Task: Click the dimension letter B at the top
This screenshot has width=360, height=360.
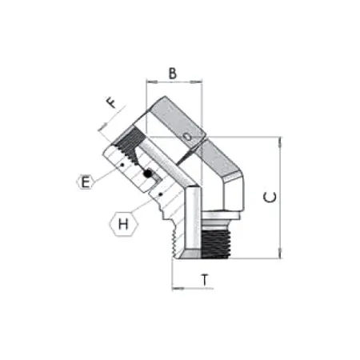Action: tap(172, 73)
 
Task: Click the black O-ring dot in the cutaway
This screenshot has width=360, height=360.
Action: tap(147, 174)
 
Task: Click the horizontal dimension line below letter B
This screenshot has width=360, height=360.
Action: tap(174, 82)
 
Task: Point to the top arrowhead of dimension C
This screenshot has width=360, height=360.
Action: tap(279, 141)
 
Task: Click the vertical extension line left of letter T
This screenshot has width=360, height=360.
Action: tap(174, 272)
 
